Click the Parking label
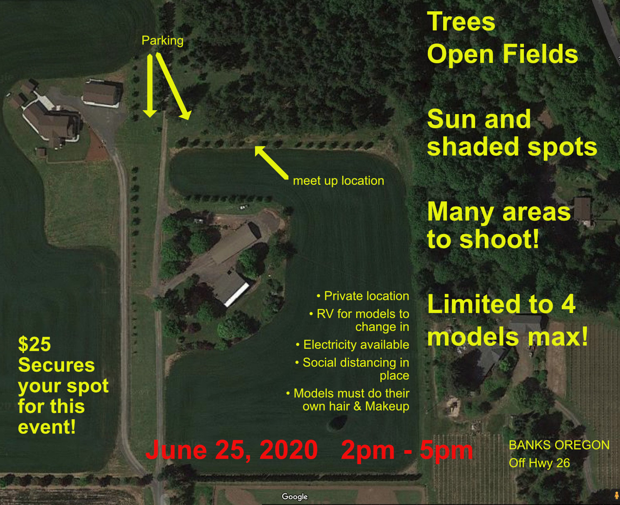(162, 40)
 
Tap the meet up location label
(339, 181)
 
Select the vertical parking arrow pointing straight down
(150, 85)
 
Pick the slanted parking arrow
(173, 86)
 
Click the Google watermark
(295, 497)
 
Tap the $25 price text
(35, 344)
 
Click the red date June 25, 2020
(231, 450)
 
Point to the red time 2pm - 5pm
(407, 450)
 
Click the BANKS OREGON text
(559, 445)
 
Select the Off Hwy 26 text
(539, 463)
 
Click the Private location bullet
(363, 296)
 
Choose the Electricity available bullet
(352, 345)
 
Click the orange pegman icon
(616, 495)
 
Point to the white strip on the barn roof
(237, 294)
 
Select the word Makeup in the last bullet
(387, 406)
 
